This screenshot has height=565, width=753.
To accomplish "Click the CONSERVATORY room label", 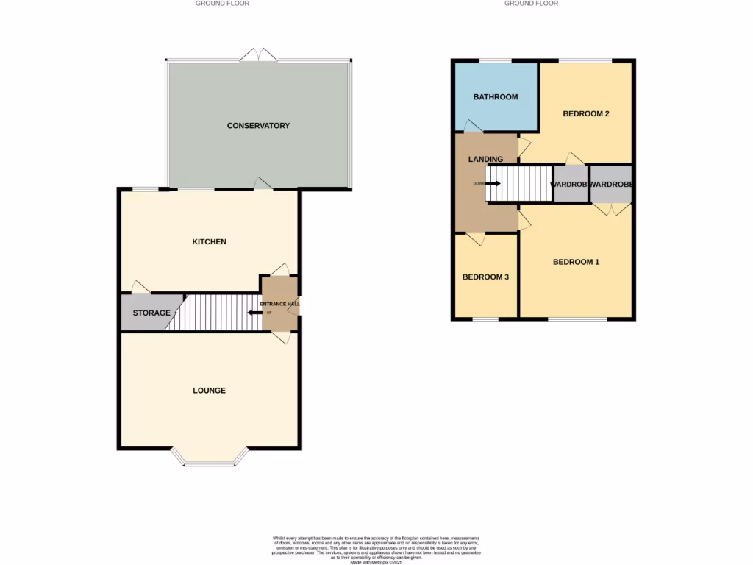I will [258, 126].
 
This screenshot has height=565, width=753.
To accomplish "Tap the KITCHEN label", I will [209, 242].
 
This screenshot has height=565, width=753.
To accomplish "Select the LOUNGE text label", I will [209, 391].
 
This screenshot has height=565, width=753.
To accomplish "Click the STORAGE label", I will [151, 313].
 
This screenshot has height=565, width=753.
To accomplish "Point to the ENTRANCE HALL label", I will [279, 304].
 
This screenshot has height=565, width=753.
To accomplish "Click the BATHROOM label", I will [495, 97].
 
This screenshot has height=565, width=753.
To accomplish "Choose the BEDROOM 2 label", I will [586, 114].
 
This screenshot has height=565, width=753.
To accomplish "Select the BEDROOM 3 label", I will [485, 277].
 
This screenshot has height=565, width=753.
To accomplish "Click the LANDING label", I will [485, 160].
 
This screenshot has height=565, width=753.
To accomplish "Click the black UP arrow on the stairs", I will [254, 313].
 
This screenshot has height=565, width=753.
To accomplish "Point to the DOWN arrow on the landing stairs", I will [493, 183].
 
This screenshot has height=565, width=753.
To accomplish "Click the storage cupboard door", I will [138, 288].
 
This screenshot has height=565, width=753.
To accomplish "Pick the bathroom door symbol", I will [473, 127].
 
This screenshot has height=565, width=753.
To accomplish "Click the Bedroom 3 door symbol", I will [476, 238].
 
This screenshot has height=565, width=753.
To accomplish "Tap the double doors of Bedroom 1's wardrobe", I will [611, 209].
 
